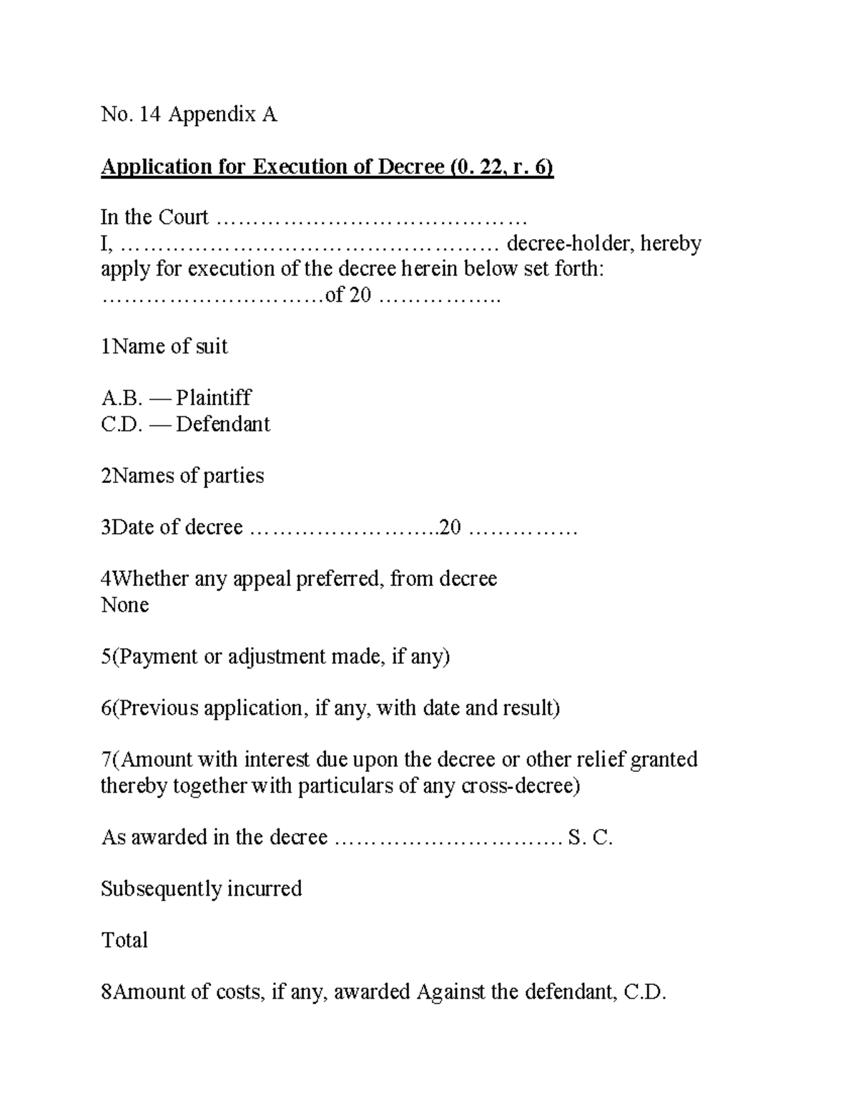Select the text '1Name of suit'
pos(164,347)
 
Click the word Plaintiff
pos(214,398)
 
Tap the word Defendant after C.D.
pos(223,424)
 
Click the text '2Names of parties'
pos(182,476)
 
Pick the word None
pos(125,605)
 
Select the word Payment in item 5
pos(156,657)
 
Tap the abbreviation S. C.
pos(590,838)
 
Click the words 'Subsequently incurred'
pos(202,889)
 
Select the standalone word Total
pos(124,940)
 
